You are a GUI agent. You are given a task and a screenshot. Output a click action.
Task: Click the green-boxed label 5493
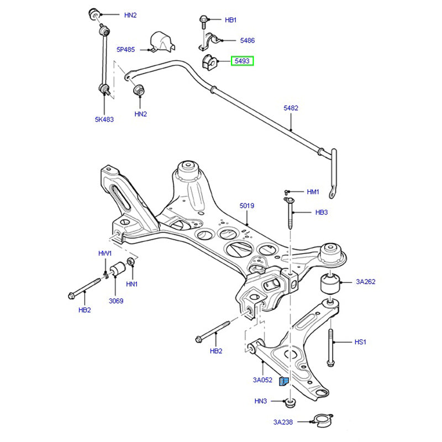coord(242,61)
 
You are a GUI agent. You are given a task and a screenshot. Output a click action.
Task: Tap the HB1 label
coord(230,20)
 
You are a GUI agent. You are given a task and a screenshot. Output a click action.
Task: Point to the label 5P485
coord(125,49)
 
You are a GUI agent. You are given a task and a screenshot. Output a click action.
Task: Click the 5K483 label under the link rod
coord(104,119)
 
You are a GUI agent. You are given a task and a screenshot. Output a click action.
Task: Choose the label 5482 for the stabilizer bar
coord(291,108)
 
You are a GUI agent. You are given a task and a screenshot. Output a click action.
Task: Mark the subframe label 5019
coord(246,206)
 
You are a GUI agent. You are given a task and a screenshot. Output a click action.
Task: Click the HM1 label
coord(313,192)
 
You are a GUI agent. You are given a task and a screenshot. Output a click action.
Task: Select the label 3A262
coord(365,282)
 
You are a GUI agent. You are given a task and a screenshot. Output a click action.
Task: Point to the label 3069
coord(115,301)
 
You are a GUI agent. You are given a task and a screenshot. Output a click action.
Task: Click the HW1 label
coord(105,254)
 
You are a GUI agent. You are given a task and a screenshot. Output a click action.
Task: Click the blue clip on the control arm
coord(284,381)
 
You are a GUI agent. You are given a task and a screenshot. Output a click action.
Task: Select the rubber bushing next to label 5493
coord(209,61)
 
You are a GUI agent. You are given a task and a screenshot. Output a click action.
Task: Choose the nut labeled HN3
coord(291,401)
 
